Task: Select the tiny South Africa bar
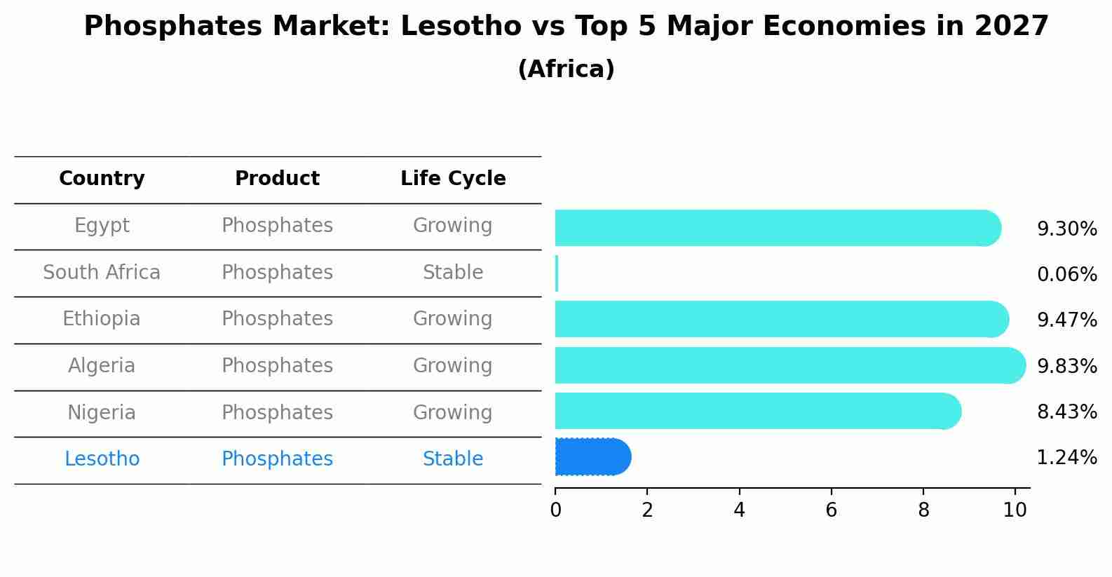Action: coord(557,273)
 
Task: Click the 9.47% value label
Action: coord(1066,320)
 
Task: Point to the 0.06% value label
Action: coord(1066,274)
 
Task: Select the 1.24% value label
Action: coord(1066,458)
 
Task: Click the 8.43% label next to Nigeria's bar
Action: coord(1066,412)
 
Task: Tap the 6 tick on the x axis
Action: coord(831,510)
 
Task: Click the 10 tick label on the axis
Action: coord(1015,510)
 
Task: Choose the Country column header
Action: coord(102,179)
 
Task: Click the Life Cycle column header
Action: coord(453,179)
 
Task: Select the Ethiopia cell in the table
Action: coord(102,319)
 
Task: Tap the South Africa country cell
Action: coord(102,273)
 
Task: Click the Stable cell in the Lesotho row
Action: coord(453,459)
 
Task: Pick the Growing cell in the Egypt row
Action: coord(453,226)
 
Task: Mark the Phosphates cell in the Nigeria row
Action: coord(277,413)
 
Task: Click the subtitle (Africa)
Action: coord(566,69)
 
